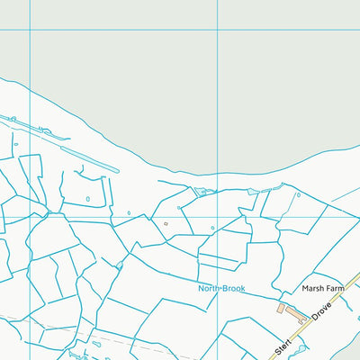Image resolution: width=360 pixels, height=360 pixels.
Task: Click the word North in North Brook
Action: [211, 289]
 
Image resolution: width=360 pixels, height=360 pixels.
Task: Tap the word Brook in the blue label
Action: [234, 289]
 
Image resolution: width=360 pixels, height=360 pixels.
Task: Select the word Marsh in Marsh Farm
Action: [312, 289]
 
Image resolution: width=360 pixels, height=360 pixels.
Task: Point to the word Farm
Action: [336, 289]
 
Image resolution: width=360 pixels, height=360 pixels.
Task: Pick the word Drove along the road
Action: [323, 310]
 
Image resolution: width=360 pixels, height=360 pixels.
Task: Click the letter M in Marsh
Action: [304, 289]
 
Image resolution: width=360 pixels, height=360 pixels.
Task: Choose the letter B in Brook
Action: [225, 289]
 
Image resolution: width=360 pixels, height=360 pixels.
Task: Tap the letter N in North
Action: [202, 289]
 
